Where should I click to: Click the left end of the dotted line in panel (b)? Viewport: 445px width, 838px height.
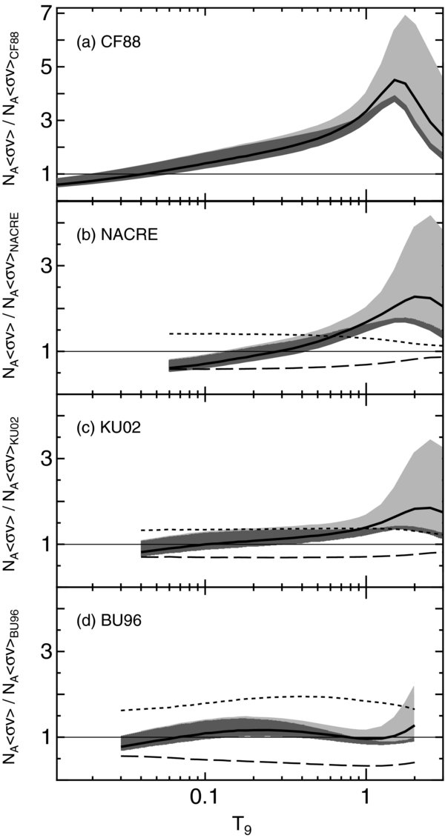coord(171,333)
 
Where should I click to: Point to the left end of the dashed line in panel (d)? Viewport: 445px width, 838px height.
coord(122,756)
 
